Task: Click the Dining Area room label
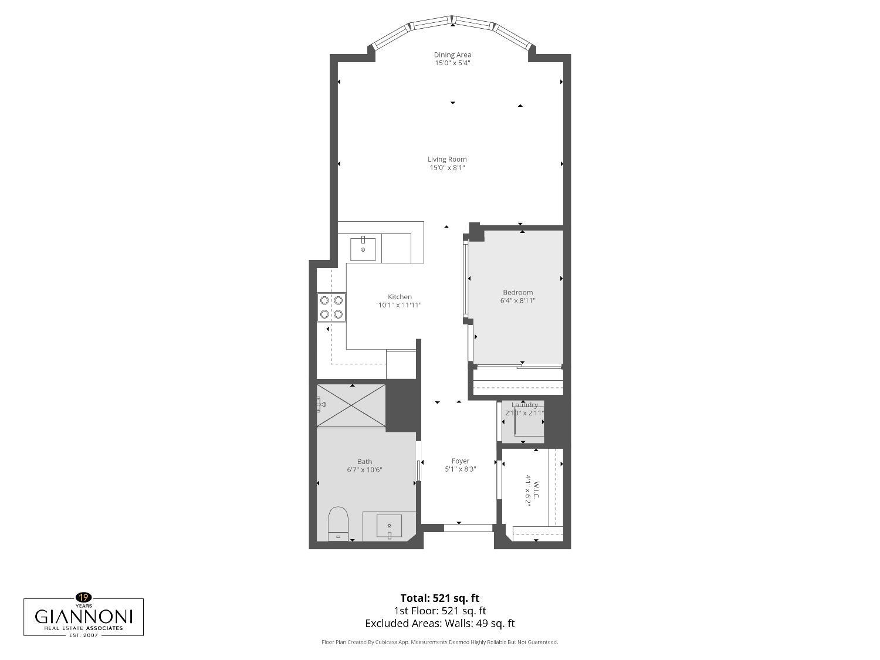point(452,55)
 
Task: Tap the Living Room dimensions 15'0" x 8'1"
point(447,168)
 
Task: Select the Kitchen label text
point(400,297)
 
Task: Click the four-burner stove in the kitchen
point(331,307)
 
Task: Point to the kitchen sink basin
point(363,249)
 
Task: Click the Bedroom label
point(517,292)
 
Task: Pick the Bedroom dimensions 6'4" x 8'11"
point(517,300)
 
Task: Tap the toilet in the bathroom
point(338,523)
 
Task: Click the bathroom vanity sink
point(389,526)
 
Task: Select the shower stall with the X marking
point(351,405)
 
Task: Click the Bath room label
point(364,461)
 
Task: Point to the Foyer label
point(460,461)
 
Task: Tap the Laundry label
point(524,405)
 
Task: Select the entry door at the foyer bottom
point(468,528)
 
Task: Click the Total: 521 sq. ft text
point(439,598)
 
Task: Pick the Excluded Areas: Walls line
point(439,624)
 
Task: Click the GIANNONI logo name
point(83,617)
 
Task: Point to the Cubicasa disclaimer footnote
point(439,642)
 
